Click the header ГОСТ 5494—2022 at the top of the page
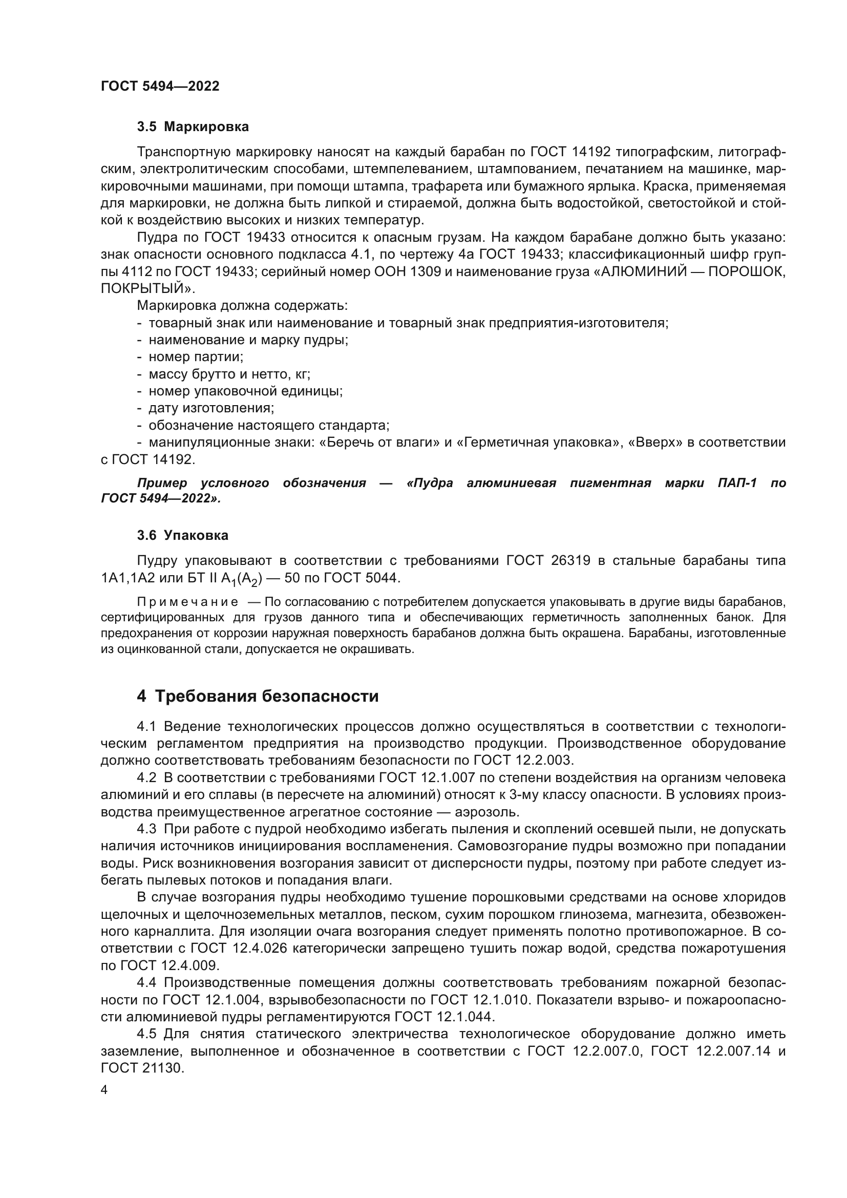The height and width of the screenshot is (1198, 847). pyautogui.click(x=160, y=87)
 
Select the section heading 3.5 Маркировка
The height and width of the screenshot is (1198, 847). pyautogui.click(x=193, y=127)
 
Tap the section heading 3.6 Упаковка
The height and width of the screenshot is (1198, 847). pyautogui.click(x=182, y=536)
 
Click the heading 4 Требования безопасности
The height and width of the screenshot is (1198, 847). pyautogui.click(x=258, y=697)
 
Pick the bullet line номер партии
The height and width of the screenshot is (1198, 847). pyautogui.click(x=196, y=358)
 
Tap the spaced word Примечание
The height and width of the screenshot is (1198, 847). pyautogui.click(x=170, y=602)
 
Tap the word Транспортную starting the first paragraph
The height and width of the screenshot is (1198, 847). pyautogui.click(x=184, y=152)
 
